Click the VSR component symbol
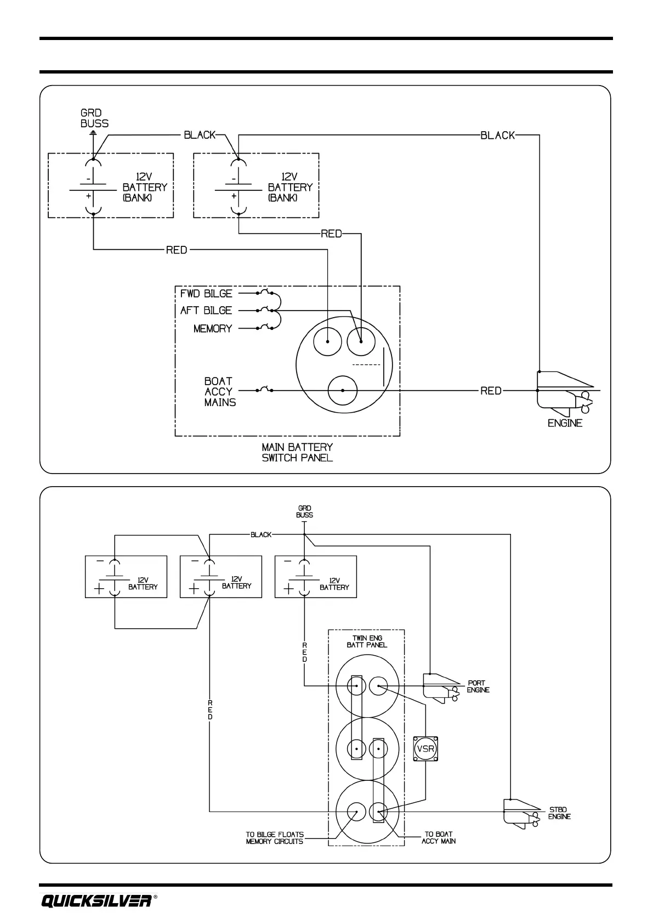(425, 748)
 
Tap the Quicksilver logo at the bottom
(96, 901)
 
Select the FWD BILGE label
(206, 294)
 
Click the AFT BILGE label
(206, 311)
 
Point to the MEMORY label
(213, 329)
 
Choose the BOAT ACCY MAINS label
(220, 391)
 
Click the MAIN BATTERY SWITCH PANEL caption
(297, 453)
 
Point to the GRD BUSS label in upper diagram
(94, 119)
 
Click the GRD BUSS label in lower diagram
(304, 512)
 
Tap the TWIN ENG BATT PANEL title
(367, 641)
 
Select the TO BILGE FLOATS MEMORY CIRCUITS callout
(275, 838)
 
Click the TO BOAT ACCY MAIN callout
(439, 838)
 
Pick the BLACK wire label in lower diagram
(261, 534)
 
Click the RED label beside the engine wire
(491, 391)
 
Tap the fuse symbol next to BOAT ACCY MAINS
(264, 390)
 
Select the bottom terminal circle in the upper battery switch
(343, 391)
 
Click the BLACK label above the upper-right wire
(498, 135)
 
